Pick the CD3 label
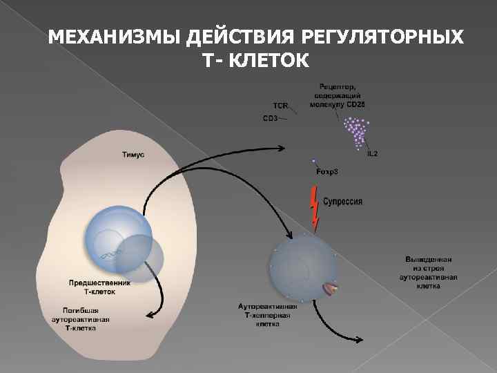[270, 118]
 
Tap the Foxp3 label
[327, 171]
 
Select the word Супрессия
[343, 202]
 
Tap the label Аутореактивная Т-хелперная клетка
[268, 315]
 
